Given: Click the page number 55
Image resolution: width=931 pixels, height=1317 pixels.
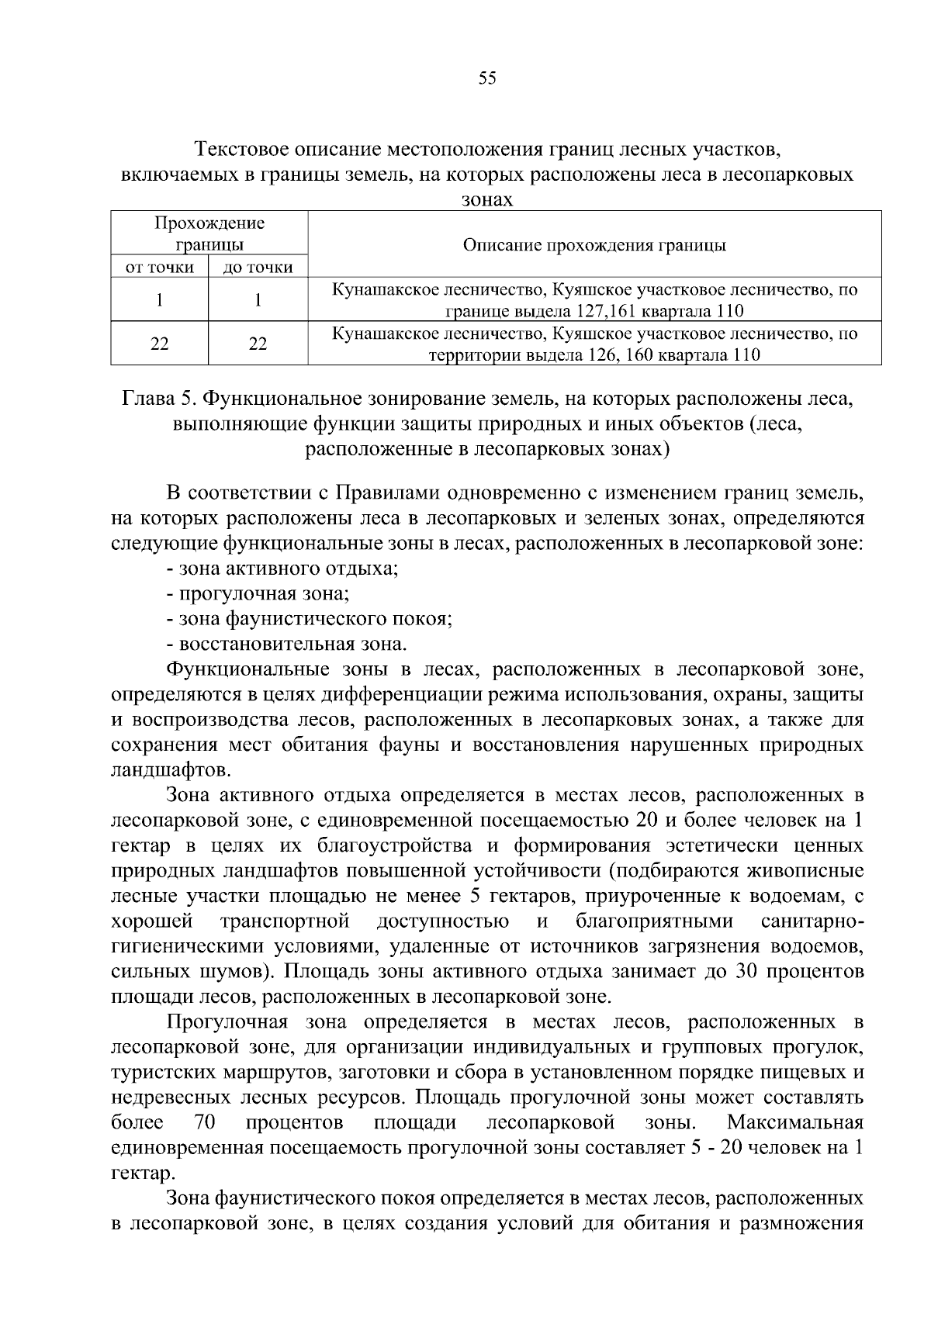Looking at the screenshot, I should pyautogui.click(x=487, y=78).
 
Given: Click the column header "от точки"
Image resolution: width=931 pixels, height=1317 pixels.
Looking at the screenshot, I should pyautogui.click(x=160, y=268).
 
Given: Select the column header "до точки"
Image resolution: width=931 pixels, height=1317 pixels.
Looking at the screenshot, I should pyautogui.click(x=258, y=268).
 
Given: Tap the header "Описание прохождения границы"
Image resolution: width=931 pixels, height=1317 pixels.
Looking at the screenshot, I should pyautogui.click(x=594, y=245).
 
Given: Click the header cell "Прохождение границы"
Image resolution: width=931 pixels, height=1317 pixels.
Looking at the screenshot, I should pyautogui.click(x=209, y=233).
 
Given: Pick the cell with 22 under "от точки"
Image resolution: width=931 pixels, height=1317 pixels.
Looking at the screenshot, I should pyautogui.click(x=160, y=344).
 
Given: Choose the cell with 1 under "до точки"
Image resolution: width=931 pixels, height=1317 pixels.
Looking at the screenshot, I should pyautogui.click(x=258, y=299).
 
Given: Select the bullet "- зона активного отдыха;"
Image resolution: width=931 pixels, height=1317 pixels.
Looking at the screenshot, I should pyautogui.click(x=282, y=569).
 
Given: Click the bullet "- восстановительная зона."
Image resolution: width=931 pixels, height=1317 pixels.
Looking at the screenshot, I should pyautogui.click(x=286, y=644).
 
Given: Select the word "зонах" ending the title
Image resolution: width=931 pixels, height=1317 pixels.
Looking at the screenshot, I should pyautogui.click(x=487, y=199).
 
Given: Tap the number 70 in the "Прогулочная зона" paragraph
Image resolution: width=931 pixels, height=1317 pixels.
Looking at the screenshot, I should pyautogui.click(x=204, y=1123).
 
